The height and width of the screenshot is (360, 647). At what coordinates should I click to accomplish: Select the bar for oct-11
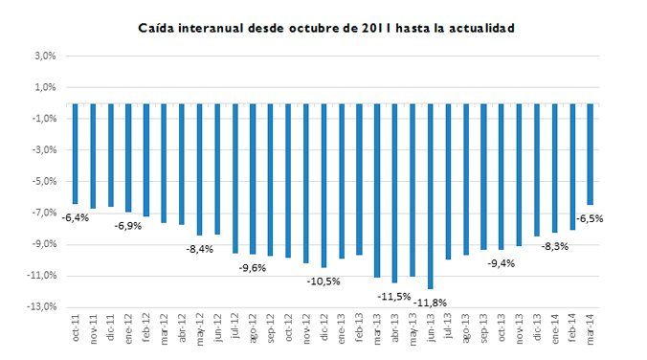[75, 153]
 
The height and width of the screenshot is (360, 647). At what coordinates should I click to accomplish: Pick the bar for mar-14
[591, 153]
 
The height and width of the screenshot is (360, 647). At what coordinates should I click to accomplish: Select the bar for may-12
[199, 169]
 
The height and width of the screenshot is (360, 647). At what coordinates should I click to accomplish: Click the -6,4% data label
[75, 217]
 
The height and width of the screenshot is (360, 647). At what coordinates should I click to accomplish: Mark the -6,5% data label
[590, 218]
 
